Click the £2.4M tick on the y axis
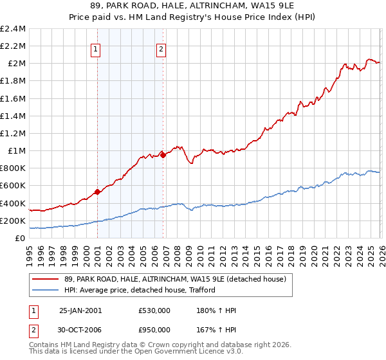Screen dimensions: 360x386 (x=13, y=29)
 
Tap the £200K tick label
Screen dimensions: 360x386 (x=13, y=221)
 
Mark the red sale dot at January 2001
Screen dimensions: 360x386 (x=97, y=192)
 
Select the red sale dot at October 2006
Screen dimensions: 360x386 (x=163, y=155)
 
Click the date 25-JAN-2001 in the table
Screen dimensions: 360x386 (x=80, y=310)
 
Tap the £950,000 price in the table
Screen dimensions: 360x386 (x=154, y=330)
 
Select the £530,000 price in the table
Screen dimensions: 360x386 (x=154, y=310)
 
